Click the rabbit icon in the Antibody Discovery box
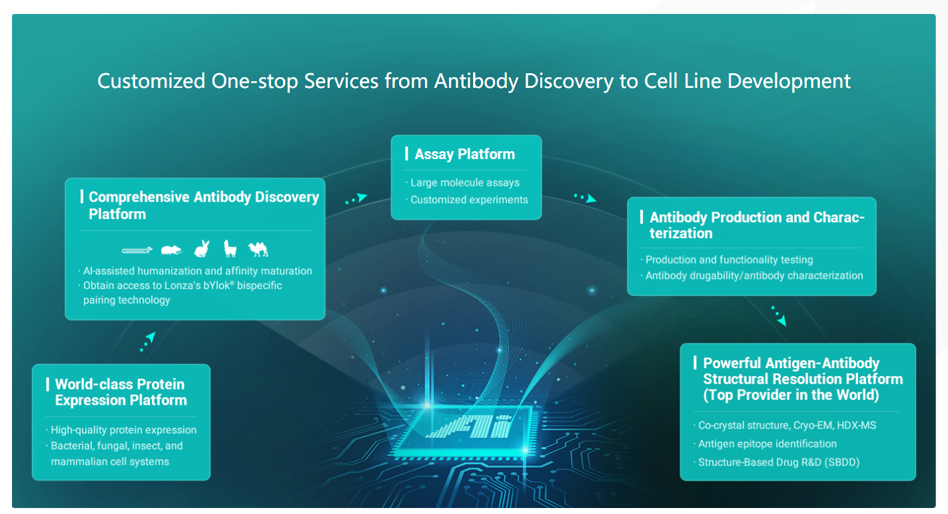(201, 249)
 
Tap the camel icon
(258, 249)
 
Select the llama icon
(230, 248)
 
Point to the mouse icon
(171, 250)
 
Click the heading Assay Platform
(465, 154)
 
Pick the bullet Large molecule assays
(465, 182)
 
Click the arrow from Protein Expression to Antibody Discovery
(148, 342)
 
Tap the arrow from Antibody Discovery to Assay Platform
(356, 198)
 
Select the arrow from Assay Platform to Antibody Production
(586, 198)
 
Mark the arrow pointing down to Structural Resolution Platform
(779, 316)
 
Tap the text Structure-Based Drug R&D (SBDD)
(779, 462)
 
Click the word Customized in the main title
(151, 81)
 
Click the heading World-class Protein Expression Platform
(121, 392)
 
